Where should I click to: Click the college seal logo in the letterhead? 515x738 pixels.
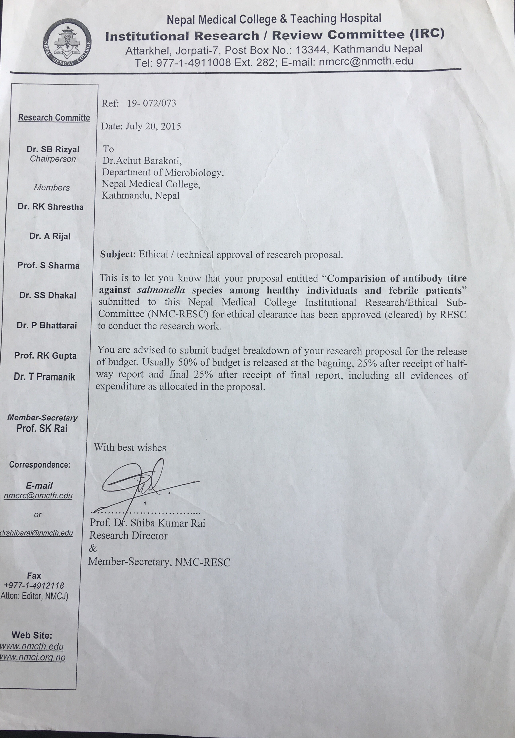pyautogui.click(x=68, y=42)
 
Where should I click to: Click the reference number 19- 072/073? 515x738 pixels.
pyautogui.click(x=152, y=103)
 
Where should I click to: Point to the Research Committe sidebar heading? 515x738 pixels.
pyautogui.click(x=54, y=118)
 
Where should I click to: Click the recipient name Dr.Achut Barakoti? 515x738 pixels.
pyautogui.click(x=142, y=160)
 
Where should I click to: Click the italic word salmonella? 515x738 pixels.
pyautogui.click(x=161, y=290)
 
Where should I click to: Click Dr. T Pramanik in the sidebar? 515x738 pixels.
pyautogui.click(x=44, y=377)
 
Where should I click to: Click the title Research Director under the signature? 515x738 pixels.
pyautogui.click(x=129, y=535)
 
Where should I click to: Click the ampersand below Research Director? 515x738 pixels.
pyautogui.click(x=93, y=548)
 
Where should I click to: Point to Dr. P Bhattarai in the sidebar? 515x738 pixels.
pyautogui.click(x=47, y=326)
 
